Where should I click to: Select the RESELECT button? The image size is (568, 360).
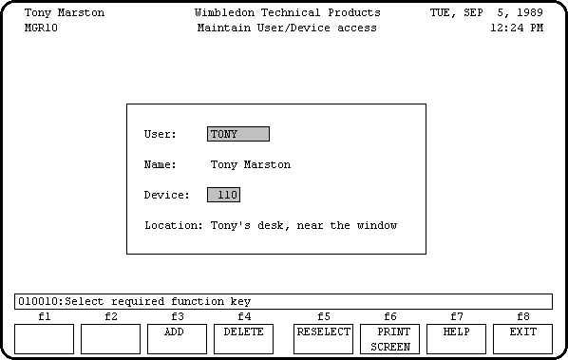323,338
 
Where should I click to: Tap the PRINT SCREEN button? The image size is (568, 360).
390,339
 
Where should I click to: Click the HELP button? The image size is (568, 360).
456,338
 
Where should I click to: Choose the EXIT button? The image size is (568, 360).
522,338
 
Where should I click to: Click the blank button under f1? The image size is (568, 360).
44,338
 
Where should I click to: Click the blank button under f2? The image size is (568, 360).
110,338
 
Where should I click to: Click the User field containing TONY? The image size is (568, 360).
237,134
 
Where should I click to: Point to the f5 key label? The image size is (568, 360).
324,316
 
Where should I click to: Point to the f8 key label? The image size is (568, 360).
523,316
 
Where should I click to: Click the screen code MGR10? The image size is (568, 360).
41,28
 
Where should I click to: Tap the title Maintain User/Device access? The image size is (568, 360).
287,28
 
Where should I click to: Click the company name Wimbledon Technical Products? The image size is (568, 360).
287,13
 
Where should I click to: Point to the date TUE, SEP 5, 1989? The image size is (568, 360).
486,13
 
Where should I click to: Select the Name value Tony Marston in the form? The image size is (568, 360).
250,164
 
